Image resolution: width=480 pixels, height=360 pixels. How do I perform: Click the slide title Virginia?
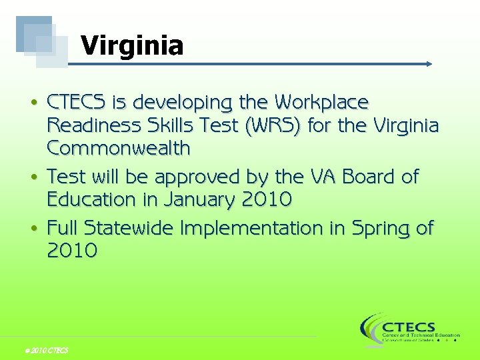coord(132,46)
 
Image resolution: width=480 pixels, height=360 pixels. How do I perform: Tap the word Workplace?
coord(322,103)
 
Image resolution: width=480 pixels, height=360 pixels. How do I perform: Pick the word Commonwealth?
coord(119,148)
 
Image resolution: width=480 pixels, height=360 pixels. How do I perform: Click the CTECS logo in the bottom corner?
coord(409,329)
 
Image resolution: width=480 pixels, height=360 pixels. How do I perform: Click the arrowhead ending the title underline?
coord(429,64)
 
